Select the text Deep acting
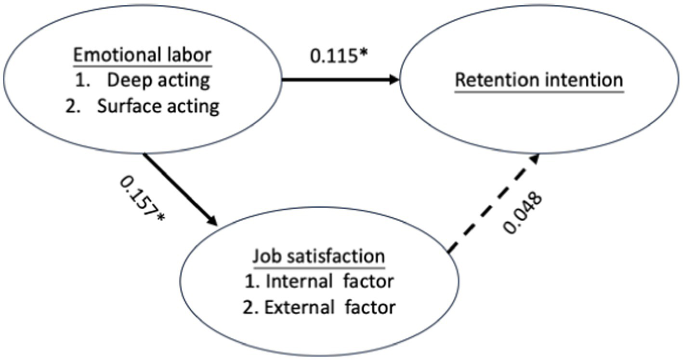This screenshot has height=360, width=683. (158, 80)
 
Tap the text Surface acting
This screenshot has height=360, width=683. (158, 106)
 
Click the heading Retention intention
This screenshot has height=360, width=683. (539, 80)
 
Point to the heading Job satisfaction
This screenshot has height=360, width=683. (318, 256)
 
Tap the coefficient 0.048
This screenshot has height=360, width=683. (523, 213)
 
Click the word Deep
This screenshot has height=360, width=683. (125, 80)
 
